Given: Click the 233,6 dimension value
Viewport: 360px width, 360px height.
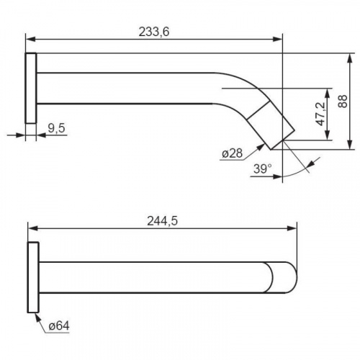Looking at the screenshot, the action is coord(154,32).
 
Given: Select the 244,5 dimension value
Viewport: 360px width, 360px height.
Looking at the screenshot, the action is coord(162,221).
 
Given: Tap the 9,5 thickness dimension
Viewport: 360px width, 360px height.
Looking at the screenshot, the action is coord(56,128).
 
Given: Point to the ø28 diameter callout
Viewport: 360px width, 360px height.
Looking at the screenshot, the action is coord(232,153).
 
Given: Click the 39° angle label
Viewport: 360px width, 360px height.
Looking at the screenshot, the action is coord(263,168).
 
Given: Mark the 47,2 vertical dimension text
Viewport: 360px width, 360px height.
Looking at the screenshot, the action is coord(321,114).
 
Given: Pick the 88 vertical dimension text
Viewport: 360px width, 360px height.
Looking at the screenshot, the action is coord(343,102).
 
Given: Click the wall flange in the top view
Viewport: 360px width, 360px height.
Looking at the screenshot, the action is coord(31,88).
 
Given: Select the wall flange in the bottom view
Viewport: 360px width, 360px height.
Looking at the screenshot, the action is coord(33,277).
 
